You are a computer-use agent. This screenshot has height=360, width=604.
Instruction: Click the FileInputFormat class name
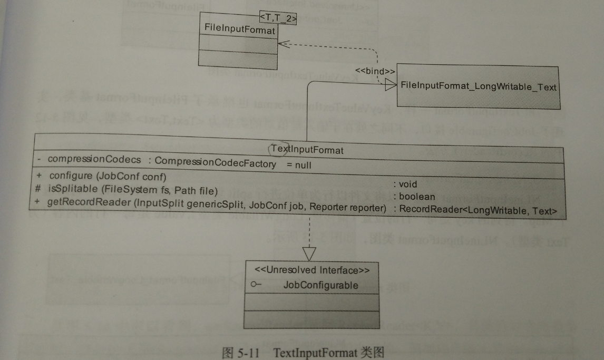(x=240, y=31)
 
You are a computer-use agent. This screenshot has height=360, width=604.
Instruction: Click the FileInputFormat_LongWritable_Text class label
(x=479, y=86)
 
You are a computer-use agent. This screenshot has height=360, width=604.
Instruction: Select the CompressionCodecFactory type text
(x=215, y=164)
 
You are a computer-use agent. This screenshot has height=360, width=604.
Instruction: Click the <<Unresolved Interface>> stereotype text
(x=311, y=270)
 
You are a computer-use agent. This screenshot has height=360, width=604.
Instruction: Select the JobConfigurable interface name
(x=320, y=285)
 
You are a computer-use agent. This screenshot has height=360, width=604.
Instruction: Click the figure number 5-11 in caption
(x=248, y=353)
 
